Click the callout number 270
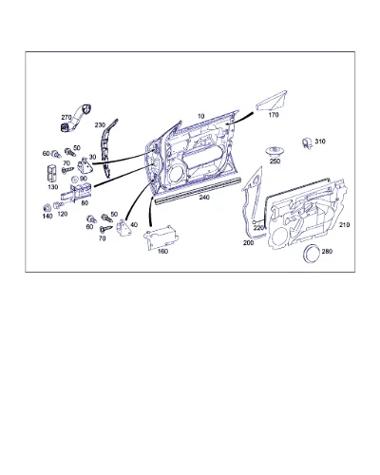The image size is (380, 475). (x=66, y=118)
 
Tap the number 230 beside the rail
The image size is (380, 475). (x=100, y=125)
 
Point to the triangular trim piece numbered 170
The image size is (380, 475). (x=272, y=101)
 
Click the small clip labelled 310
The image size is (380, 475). (x=308, y=143)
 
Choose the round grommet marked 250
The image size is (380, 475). (x=275, y=151)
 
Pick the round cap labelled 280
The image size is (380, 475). (x=312, y=254)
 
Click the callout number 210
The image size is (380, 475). (x=344, y=225)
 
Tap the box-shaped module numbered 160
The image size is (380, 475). (x=161, y=237)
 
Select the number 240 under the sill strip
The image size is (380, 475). (x=204, y=198)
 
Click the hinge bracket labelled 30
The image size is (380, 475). (x=85, y=164)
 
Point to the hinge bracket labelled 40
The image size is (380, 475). (x=124, y=228)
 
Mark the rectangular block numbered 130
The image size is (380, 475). (x=52, y=174)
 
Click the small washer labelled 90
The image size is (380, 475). (x=75, y=180)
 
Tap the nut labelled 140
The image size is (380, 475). (x=47, y=208)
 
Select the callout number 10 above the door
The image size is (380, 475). (x=201, y=116)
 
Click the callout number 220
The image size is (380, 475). (x=258, y=227)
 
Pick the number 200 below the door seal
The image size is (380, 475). (x=248, y=243)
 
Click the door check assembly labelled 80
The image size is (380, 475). (x=77, y=192)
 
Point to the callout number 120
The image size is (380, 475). (x=63, y=214)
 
